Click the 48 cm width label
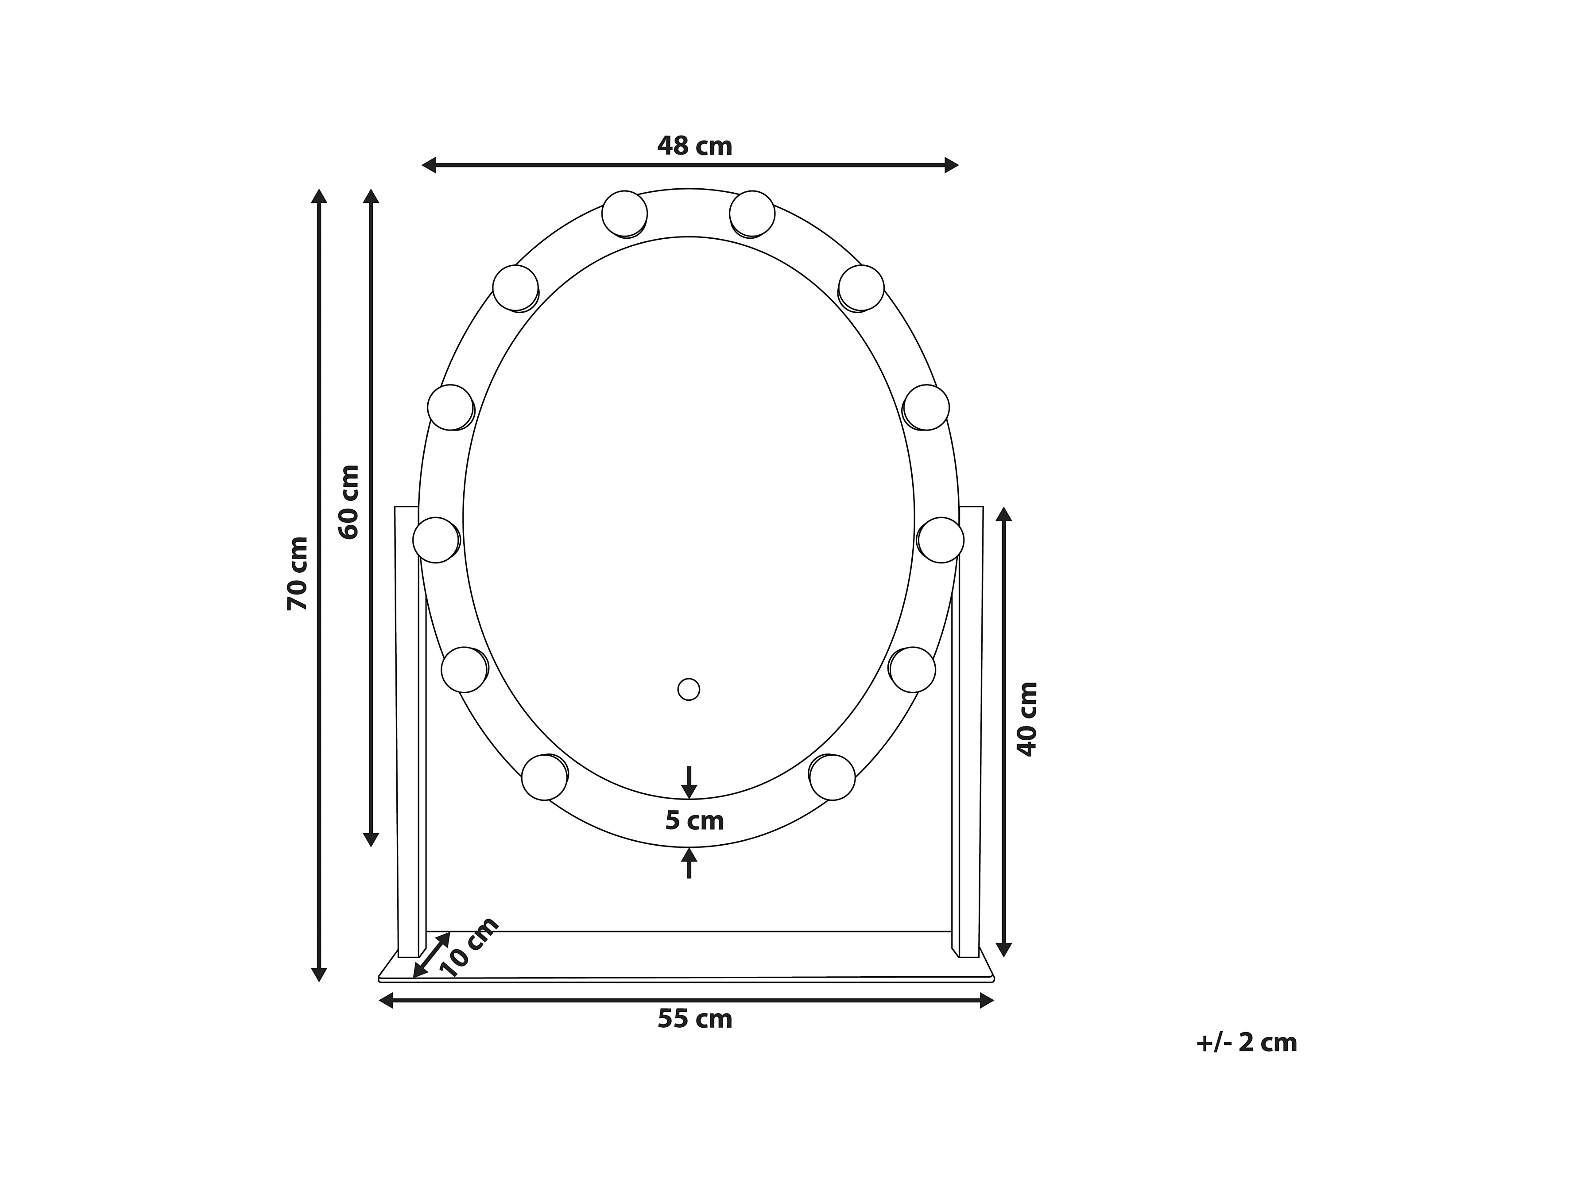pos(695,146)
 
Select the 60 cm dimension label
pos(349,501)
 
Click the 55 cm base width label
pos(695,1018)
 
